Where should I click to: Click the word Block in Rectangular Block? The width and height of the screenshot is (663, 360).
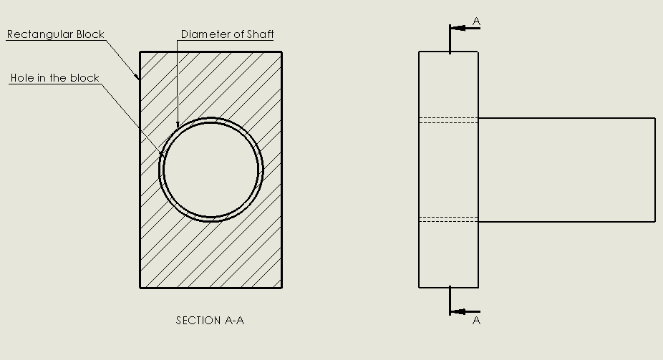pos(90,34)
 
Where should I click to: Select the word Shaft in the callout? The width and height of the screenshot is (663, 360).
pos(261,34)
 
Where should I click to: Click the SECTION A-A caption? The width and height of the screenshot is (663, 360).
pos(210,321)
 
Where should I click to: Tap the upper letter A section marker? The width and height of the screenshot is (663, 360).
pos(477,21)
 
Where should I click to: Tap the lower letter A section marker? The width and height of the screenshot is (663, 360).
pos(477,321)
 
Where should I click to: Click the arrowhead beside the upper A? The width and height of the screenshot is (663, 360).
pos(458,29)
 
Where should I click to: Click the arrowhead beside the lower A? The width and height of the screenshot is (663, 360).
pos(458,312)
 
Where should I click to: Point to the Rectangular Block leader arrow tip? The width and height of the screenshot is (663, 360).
pos(140,80)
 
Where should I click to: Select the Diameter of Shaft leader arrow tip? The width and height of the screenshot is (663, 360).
pos(178,127)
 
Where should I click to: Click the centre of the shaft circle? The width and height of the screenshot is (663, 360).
pos(211,170)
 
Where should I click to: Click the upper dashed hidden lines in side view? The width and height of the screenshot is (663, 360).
pos(449,120)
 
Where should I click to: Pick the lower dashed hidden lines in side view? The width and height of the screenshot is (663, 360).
pos(449,219)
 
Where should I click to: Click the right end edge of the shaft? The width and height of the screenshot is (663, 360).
pos(655,170)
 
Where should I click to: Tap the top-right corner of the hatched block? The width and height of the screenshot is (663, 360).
pos(282,52)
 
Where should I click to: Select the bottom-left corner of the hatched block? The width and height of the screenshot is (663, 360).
pos(140,288)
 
